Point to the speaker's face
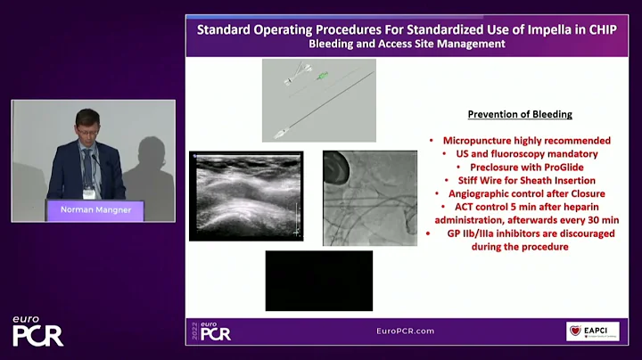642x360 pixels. click(86, 126)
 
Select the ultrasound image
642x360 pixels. click(246, 196)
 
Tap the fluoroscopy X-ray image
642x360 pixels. click(368, 197)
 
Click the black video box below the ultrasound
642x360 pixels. click(318, 281)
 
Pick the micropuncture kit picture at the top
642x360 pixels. click(318, 100)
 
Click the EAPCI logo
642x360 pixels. click(592, 331)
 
